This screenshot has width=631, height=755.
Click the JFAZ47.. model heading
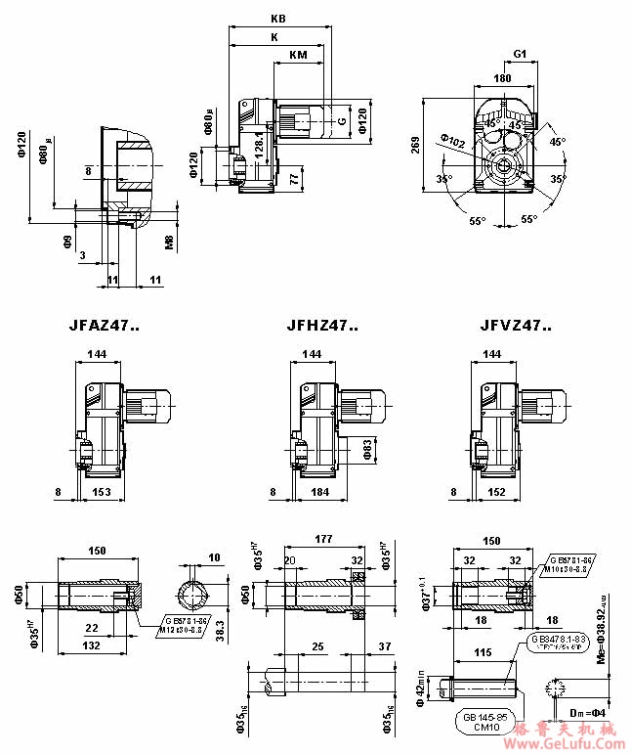point(105,326)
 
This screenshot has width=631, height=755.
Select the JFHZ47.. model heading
point(322,326)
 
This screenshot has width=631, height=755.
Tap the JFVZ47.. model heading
point(516,326)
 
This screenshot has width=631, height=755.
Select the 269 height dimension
point(416,145)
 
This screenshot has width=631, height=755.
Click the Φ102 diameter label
point(453,141)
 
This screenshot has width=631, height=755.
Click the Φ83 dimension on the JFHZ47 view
point(367,449)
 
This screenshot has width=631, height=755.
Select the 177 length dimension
point(324,539)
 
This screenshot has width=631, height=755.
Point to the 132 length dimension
point(92,647)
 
